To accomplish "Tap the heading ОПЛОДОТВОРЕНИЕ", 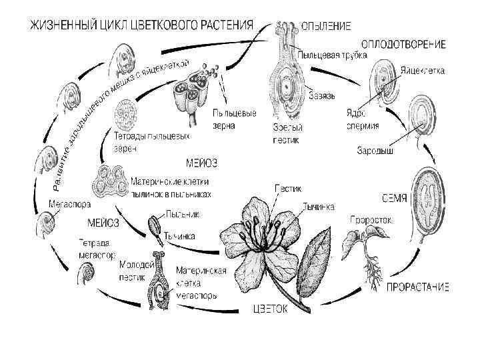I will pyautogui.click(x=403, y=44).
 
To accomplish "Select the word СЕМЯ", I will pyautogui.click(x=395, y=198).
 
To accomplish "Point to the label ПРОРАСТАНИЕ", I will pyautogui.click(x=417, y=287).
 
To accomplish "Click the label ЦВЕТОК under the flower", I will pyautogui.click(x=269, y=308).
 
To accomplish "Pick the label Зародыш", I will pyautogui.click(x=375, y=151).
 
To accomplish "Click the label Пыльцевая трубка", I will pyautogui.click(x=332, y=55).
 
